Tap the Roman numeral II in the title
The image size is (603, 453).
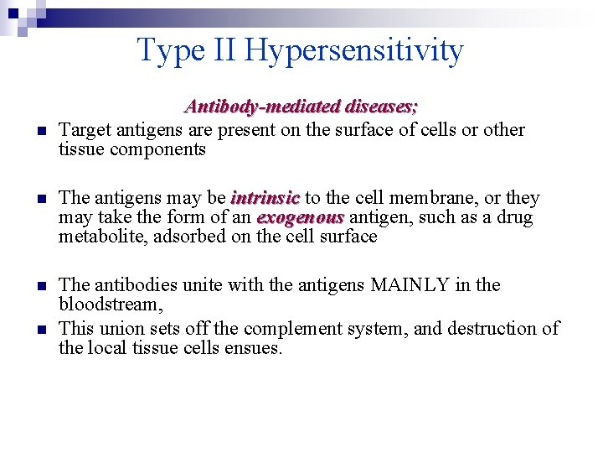pyautogui.click(x=223, y=51)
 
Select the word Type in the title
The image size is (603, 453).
pyautogui.click(x=170, y=51)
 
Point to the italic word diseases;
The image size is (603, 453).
pyautogui.click(x=379, y=107)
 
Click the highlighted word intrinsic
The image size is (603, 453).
pyautogui.click(x=265, y=198)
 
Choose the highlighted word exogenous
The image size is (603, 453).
pyautogui.click(x=300, y=217)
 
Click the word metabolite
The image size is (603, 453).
pyautogui.click(x=99, y=237)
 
